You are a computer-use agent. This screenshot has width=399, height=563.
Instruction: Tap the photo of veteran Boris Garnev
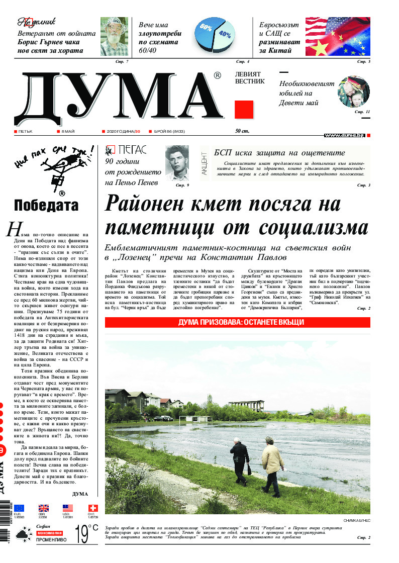pyautogui.click(x=114, y=36)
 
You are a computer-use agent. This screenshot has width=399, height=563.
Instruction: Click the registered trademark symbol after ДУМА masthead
pyautogui.click(x=217, y=76)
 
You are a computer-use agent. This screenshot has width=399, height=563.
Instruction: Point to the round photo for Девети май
pyautogui.click(x=353, y=92)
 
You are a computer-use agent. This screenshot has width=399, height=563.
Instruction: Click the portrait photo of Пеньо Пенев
pyautogui.click(x=177, y=164)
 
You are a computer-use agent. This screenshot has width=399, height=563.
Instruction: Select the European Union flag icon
pyautogui.click(x=19, y=508)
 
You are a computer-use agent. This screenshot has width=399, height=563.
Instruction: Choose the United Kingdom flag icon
pyautogui.click(x=44, y=508)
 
